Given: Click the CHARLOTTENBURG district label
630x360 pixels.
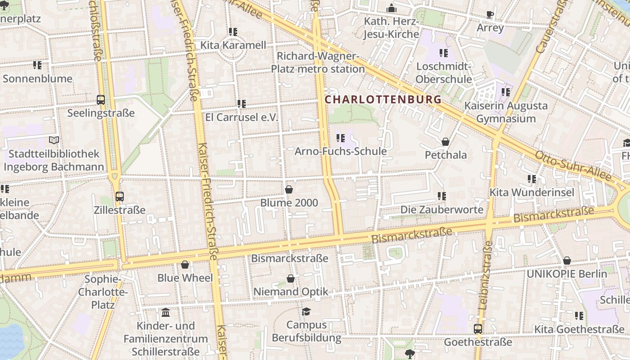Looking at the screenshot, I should tap(383, 99).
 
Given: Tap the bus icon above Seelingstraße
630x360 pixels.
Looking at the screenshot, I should tap(101, 100).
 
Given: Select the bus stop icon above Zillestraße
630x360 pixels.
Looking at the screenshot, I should tap(119, 197).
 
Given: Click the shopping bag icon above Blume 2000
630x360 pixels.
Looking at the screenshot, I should tap(289, 189).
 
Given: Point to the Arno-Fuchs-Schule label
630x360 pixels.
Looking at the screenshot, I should tap(340, 151).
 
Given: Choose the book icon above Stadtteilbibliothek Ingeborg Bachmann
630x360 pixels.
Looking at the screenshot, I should tap(54, 140).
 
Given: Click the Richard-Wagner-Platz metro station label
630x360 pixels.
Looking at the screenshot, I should tap(318, 63).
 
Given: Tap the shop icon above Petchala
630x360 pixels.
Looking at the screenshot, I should tap(445, 142).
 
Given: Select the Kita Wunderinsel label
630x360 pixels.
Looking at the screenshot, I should tap(531, 193).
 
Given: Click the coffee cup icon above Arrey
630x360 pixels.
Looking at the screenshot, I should tap(490, 15).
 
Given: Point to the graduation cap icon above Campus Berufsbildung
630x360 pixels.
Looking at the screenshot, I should tap(306, 311).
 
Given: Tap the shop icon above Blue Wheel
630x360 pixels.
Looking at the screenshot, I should tap(185, 265).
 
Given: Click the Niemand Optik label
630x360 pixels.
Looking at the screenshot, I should tap(291, 292).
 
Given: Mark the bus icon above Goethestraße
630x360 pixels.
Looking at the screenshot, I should tap(478, 329).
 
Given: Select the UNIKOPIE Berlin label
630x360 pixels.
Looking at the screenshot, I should tap(567, 274).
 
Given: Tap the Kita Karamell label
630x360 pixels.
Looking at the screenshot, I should tap(233, 45).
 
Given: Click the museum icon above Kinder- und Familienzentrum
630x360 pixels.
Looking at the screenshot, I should tap(166, 312).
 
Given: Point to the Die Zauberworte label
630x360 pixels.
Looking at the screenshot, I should tap(442, 210).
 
